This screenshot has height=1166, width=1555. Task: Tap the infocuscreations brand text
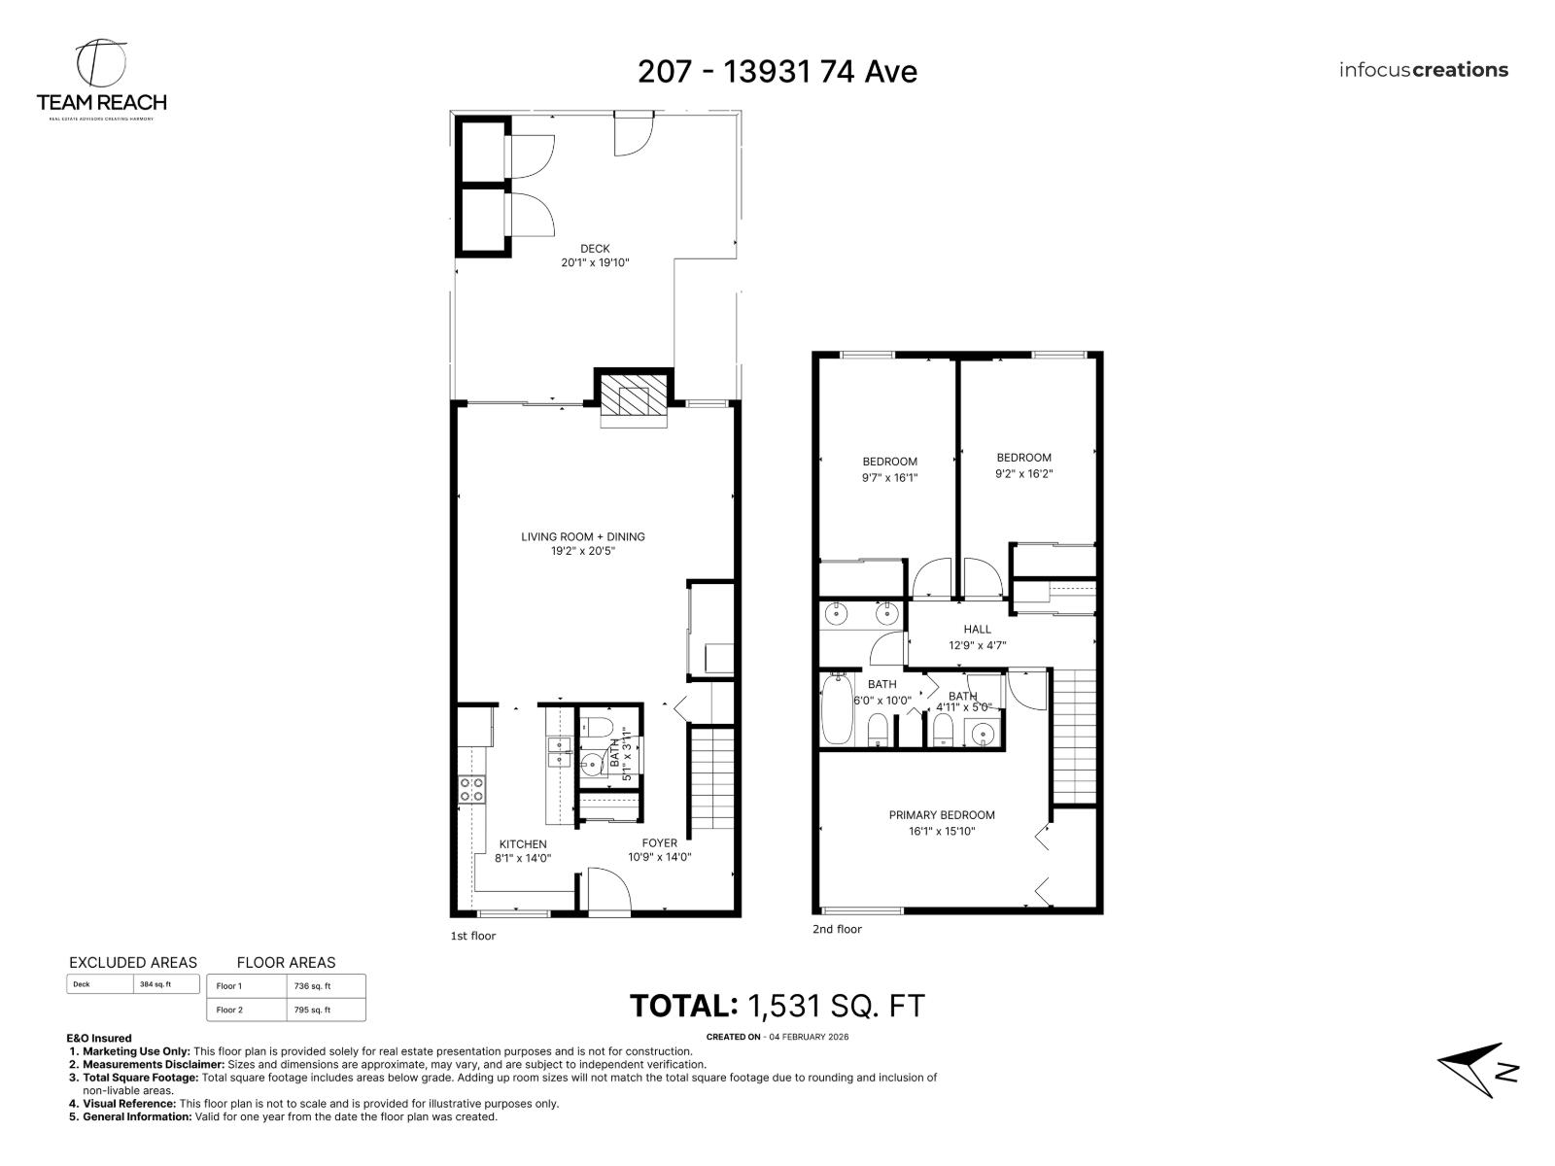(x=1423, y=70)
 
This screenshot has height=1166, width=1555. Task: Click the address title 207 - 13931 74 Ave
(x=777, y=71)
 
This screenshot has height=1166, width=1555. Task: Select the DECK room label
(x=595, y=249)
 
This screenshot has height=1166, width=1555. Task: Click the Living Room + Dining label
(x=582, y=536)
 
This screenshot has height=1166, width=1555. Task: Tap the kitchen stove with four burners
(x=472, y=789)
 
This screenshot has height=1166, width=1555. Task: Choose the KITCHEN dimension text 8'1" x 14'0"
(x=523, y=858)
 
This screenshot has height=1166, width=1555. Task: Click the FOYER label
(x=659, y=843)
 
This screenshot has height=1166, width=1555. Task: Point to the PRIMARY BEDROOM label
(x=942, y=815)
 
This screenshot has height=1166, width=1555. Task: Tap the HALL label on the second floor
(x=977, y=630)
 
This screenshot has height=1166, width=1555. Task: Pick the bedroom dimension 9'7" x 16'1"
(x=889, y=477)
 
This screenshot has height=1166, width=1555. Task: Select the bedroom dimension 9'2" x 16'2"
(x=1023, y=474)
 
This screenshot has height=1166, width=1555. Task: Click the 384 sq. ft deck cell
(x=155, y=984)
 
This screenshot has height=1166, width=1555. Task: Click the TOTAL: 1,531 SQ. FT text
(x=777, y=1006)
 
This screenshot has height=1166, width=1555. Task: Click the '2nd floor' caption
(x=837, y=929)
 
